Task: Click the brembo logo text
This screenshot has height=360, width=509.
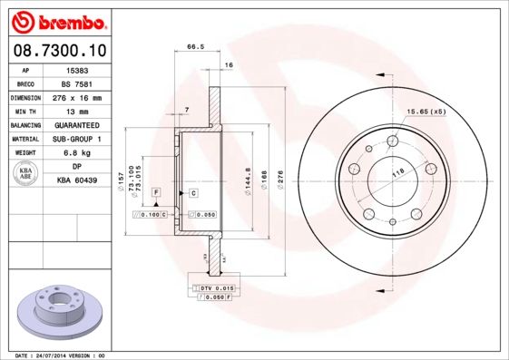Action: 58,20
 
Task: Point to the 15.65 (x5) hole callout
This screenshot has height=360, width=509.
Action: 426,111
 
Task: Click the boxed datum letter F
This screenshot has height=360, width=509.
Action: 156,193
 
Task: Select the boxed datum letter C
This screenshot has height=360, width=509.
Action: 193,193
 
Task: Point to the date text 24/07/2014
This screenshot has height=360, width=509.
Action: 58,355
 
